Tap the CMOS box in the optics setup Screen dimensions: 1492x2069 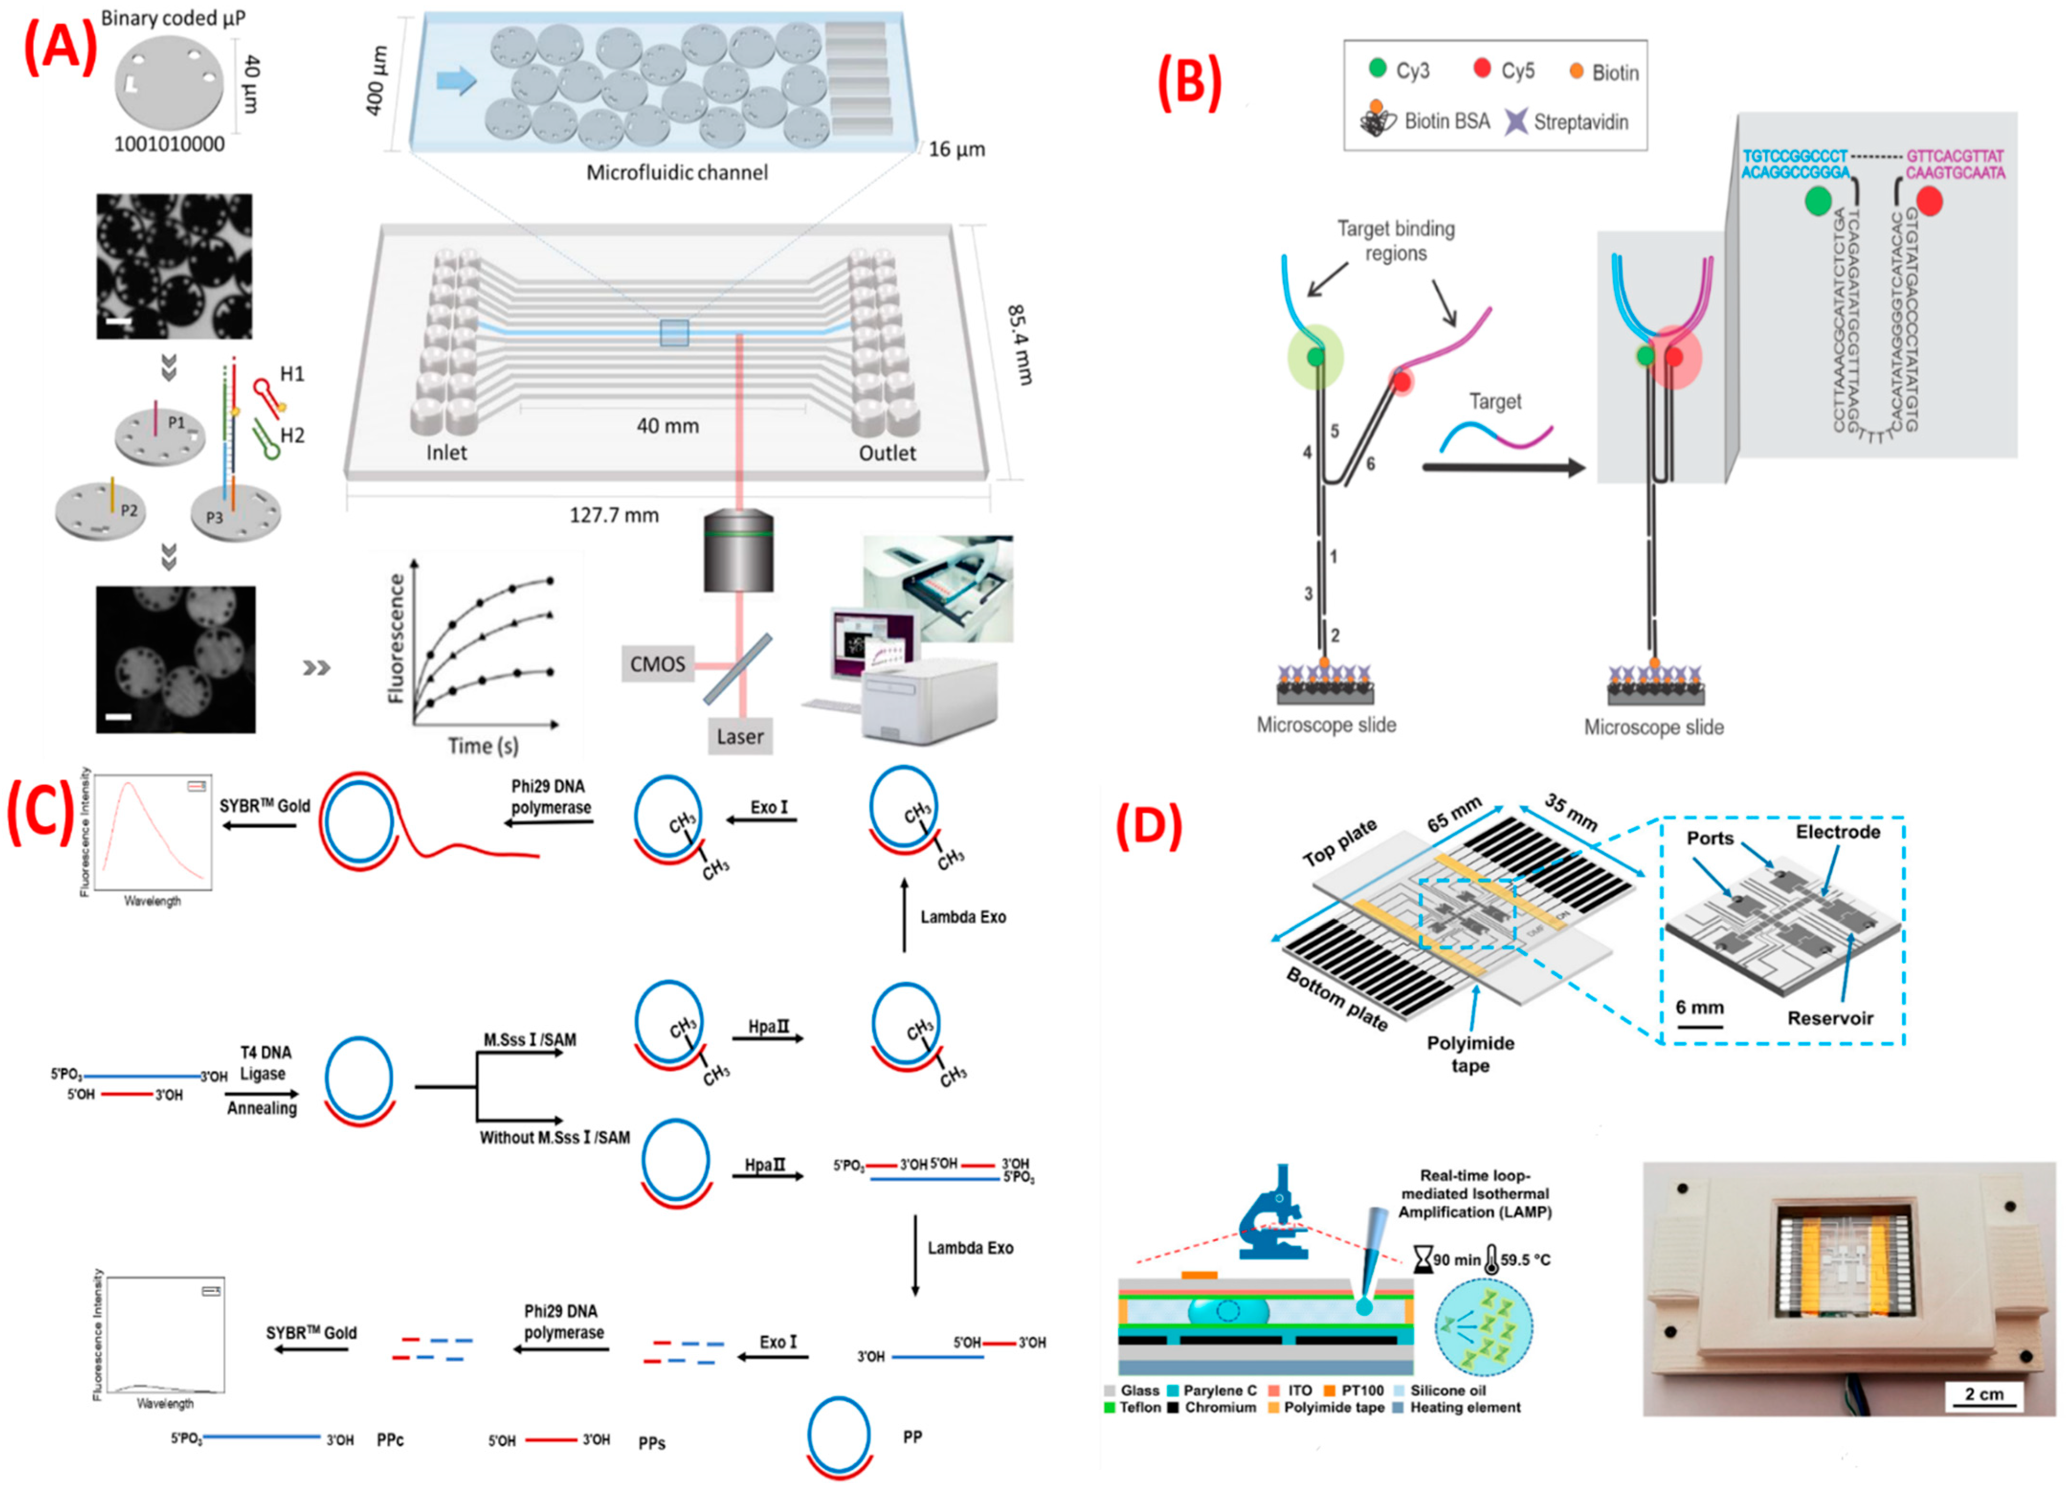pos(657,663)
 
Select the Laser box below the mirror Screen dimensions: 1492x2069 pos(740,736)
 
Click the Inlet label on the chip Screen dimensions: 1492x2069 pos(446,453)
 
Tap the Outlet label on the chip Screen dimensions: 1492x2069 pos(887,453)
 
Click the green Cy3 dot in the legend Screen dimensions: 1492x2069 pos(1378,68)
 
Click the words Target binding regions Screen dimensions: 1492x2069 pos(1396,241)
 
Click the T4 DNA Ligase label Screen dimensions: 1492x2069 pos(264,1063)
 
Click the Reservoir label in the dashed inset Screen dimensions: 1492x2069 pos(1829,1019)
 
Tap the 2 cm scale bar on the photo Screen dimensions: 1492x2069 pos(1983,1395)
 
